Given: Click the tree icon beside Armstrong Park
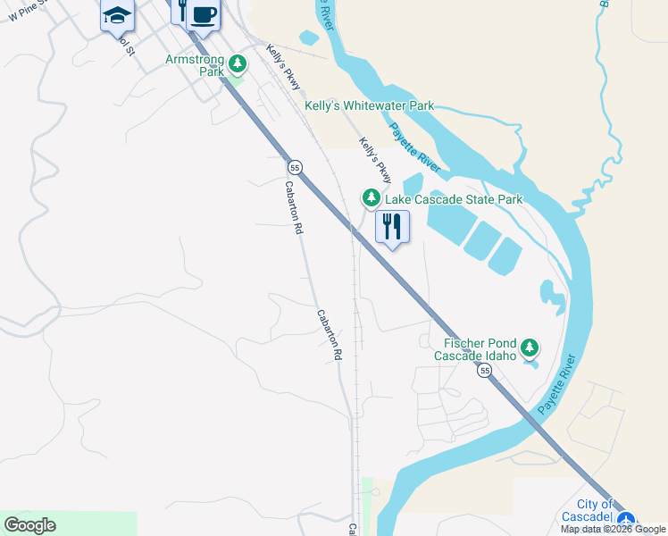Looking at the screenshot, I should coord(238,63).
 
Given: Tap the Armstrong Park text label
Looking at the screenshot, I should coord(195,64).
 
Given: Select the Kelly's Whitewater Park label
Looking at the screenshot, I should coord(369,105).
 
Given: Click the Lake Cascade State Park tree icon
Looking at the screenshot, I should coord(371,197).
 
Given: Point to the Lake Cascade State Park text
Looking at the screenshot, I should coord(453,199).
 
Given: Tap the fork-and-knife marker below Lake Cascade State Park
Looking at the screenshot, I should coord(392,227).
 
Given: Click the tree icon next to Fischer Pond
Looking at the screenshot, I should coord(530,347).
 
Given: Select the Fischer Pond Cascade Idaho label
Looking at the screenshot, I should coord(475,349).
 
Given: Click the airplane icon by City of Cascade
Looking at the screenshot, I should coord(626,518).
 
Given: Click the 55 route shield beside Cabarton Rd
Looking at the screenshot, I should coord(296,167).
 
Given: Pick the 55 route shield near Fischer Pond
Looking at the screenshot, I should coord(484,370).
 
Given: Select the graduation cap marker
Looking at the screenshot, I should coord(117,16).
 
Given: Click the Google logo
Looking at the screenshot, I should coord(29,525).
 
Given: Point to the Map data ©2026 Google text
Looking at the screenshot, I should coord(614,529).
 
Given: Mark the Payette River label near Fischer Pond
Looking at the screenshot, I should coord(559,385).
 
